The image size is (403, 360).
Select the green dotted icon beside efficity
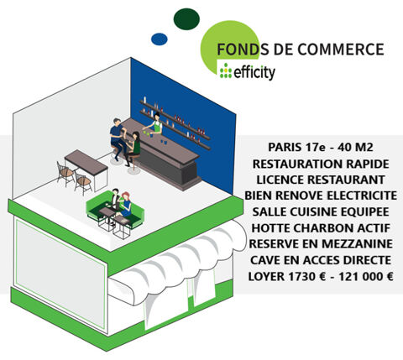[x=225, y=72]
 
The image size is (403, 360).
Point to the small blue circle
[x=159, y=39]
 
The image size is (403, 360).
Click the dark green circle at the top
[x=186, y=18]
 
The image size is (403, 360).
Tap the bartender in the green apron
[x=154, y=126]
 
